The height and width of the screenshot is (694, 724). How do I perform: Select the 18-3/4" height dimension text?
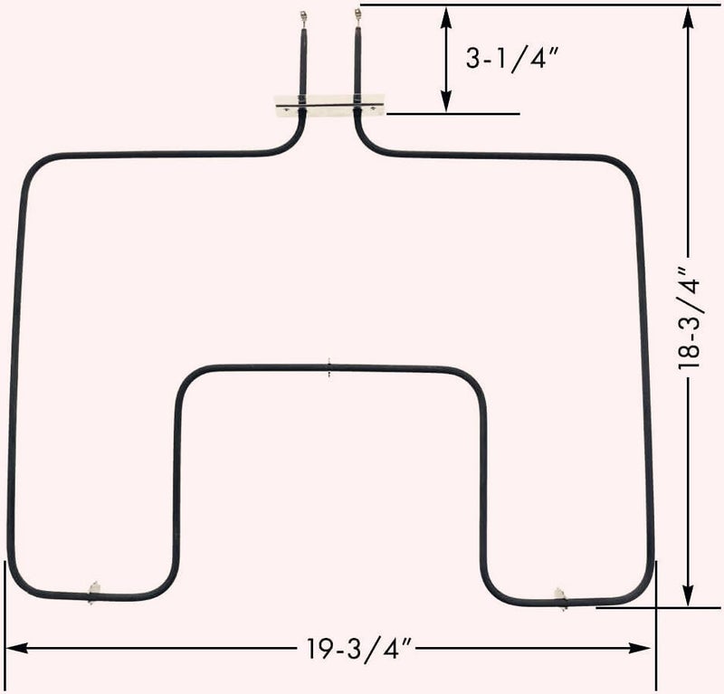click(x=690, y=318)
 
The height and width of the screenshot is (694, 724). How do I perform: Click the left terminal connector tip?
click(x=303, y=16)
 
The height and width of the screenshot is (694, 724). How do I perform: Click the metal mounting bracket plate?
click(x=329, y=106)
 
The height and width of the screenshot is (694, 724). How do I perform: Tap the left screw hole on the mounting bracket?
click(x=287, y=109)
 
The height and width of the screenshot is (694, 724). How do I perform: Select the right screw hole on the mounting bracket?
click(x=373, y=109)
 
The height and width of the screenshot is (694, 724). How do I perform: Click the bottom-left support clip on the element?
click(x=93, y=593)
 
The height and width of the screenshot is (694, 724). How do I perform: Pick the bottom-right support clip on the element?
click(x=561, y=598)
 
